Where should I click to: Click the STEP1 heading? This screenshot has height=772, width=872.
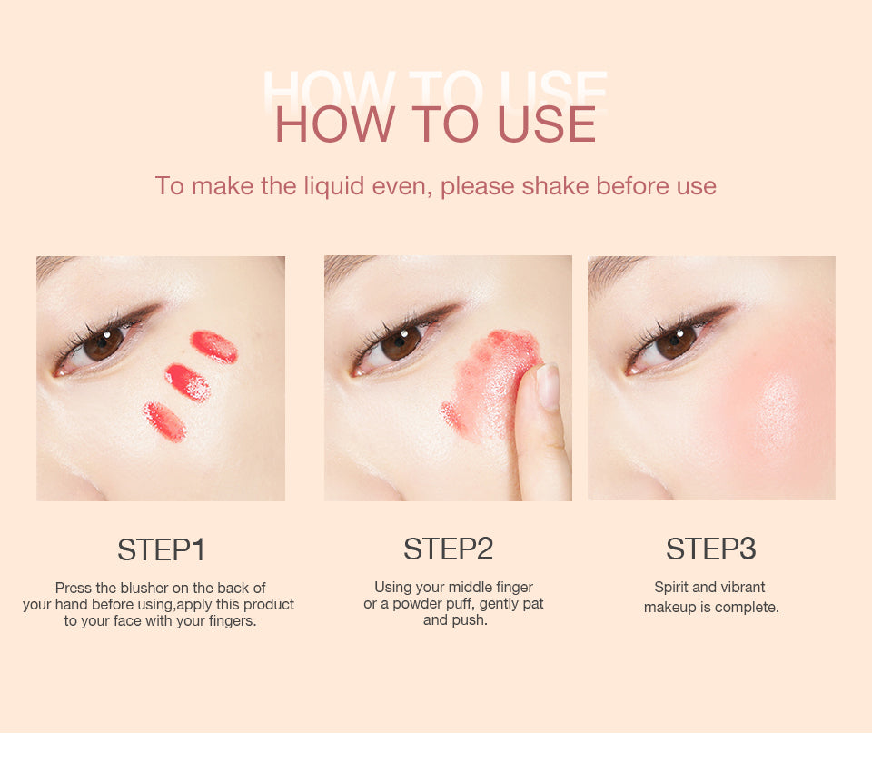pyautogui.click(x=162, y=549)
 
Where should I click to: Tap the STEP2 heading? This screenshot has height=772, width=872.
pyautogui.click(x=448, y=549)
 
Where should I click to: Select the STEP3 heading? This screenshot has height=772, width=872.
pyautogui.click(x=710, y=549)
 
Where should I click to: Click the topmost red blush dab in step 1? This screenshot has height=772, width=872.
pyautogui.click(x=214, y=347)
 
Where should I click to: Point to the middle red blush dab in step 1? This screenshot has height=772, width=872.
pyautogui.click(x=188, y=382)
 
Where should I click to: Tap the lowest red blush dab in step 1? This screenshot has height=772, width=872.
pyautogui.click(x=164, y=421)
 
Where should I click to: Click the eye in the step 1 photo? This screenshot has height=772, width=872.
pyautogui.click(x=102, y=345)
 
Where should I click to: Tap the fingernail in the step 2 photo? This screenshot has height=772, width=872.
pyautogui.click(x=548, y=385)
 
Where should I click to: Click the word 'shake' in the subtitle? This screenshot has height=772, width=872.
pyautogui.click(x=556, y=186)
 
